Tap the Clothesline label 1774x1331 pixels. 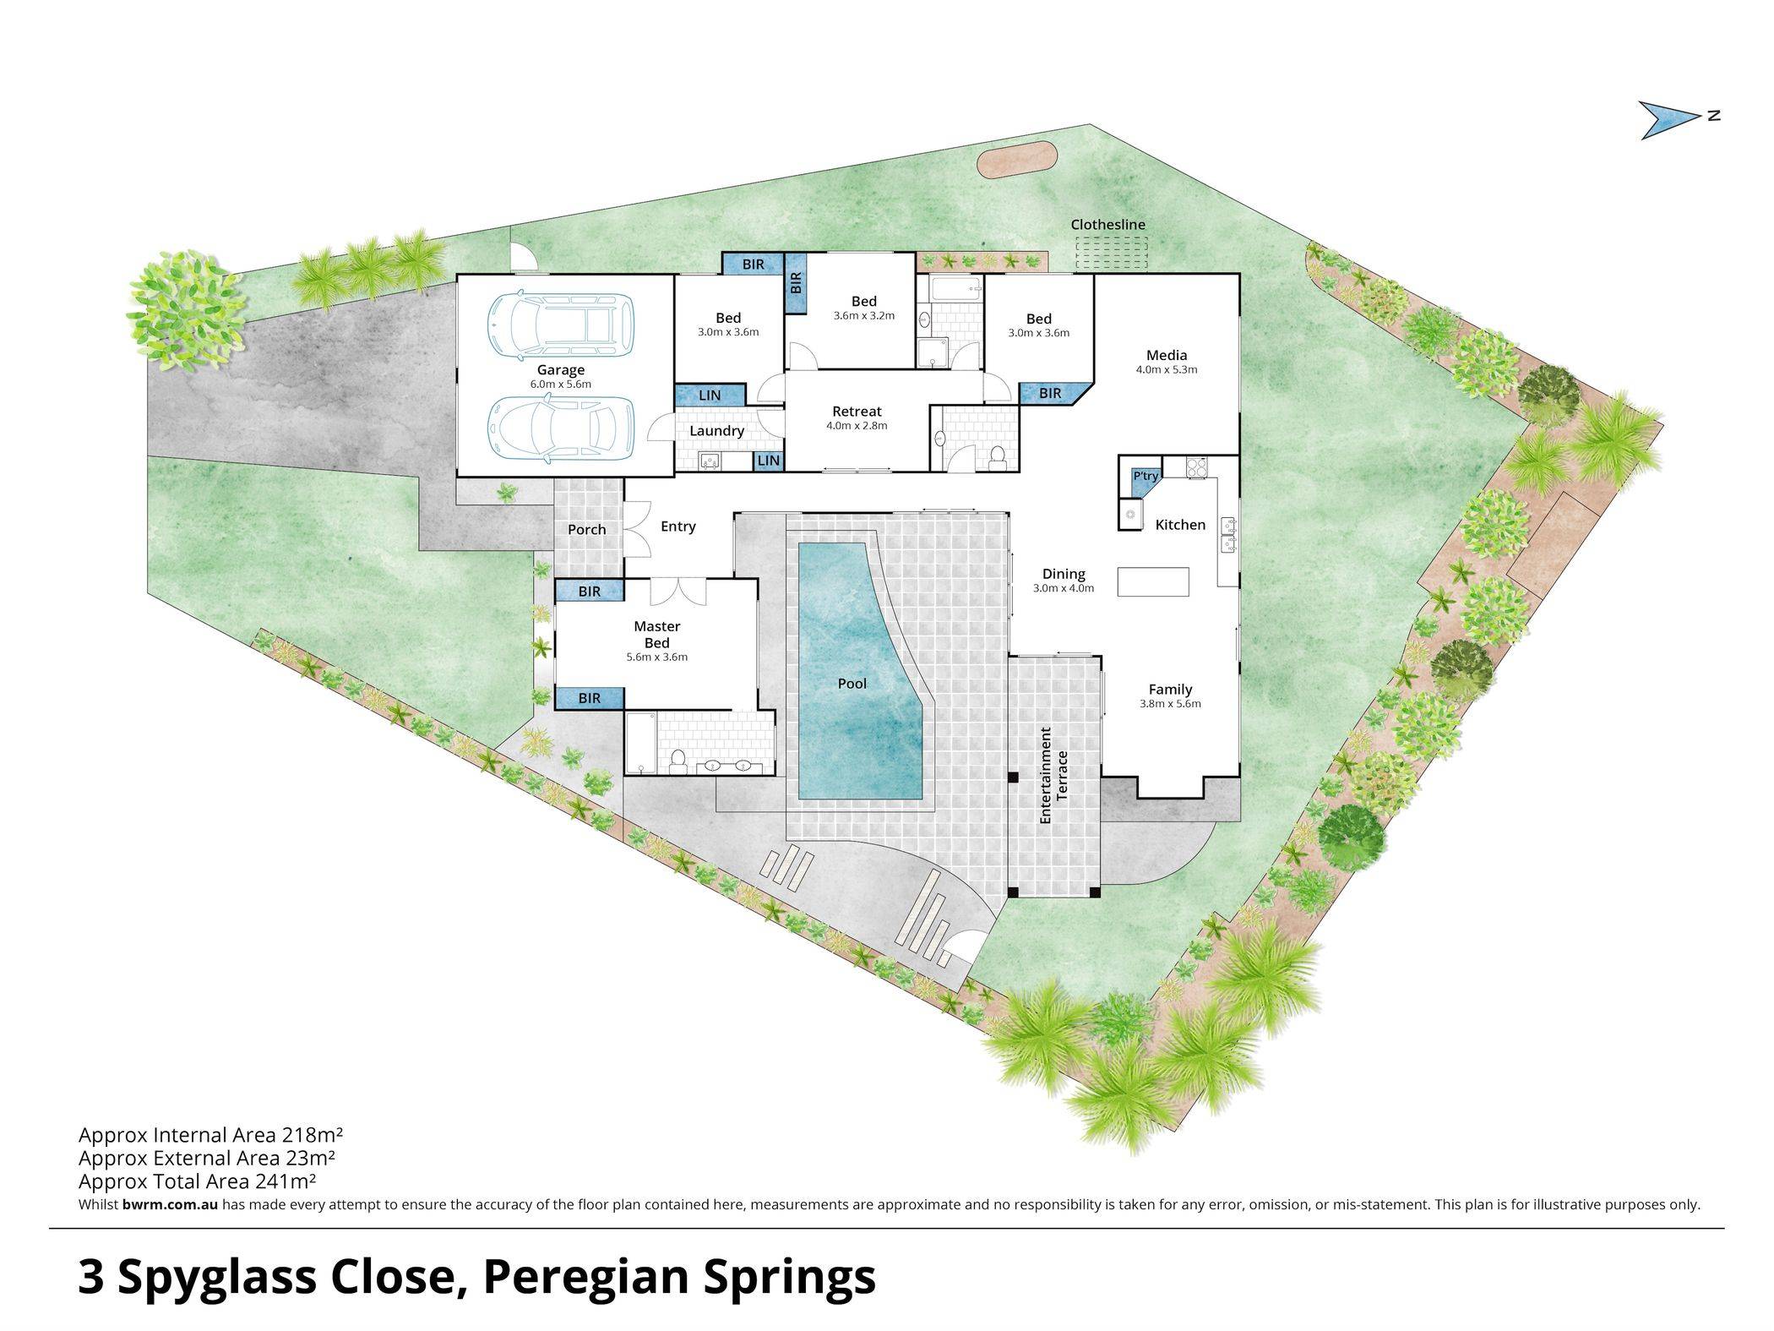1107,225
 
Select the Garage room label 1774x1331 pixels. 561,370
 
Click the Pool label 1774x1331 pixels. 852,683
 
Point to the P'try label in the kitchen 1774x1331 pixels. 1145,477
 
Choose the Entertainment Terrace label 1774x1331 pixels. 1054,775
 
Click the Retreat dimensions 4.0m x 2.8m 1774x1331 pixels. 857,426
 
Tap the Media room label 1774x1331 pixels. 1167,355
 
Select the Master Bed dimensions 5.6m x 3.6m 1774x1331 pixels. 656,657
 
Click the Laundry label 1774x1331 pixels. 716,431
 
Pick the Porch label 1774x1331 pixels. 587,529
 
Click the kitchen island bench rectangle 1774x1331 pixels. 1153,581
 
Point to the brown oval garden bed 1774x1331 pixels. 1017,160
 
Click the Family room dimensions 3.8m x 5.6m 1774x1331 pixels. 1170,703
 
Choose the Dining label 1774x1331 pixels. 1064,574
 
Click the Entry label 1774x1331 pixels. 678,526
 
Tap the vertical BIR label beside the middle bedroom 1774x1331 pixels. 796,282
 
